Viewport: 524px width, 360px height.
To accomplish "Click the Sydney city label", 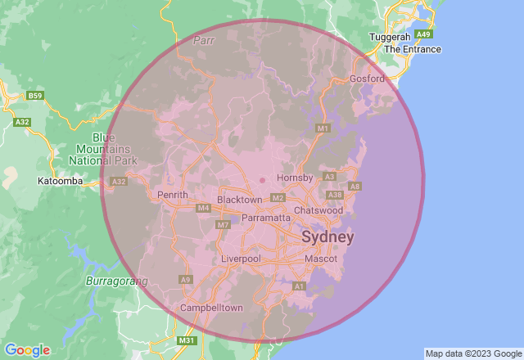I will coord(328,237).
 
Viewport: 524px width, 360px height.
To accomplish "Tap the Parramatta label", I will coord(266,218).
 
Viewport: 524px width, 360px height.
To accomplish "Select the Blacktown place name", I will coord(239,200).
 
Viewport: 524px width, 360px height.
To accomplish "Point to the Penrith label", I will coord(173,195).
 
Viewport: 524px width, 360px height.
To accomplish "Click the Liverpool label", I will coord(241,259).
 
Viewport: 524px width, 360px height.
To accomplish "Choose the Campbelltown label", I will coord(212,308).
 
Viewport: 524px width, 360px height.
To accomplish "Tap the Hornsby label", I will coord(296,178).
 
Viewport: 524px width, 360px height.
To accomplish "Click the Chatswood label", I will coord(318,210).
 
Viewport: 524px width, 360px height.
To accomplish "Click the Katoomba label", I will coord(58,180).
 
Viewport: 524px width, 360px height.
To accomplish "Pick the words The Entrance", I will coord(413,49).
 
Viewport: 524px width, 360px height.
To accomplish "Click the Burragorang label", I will coord(117,281).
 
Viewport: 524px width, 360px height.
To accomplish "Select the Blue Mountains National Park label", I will coord(104,149).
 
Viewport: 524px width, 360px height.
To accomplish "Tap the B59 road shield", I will coord(34,96).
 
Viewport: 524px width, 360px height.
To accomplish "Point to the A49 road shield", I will coord(423,34).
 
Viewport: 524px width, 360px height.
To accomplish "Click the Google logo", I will coord(27,350).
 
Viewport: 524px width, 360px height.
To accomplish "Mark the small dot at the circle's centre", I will coord(262,180).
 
